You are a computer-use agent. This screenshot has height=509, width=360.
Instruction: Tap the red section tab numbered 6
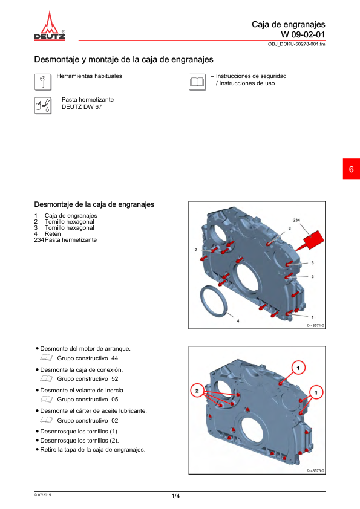click(352, 169)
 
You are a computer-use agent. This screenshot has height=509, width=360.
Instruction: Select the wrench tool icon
click(43, 82)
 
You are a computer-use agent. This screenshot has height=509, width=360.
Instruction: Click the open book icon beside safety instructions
click(197, 82)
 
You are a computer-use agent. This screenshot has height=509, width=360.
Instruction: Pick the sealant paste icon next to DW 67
click(43, 106)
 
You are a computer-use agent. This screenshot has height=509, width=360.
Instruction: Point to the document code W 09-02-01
click(303, 34)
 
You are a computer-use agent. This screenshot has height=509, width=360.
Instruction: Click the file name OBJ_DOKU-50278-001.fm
click(296, 44)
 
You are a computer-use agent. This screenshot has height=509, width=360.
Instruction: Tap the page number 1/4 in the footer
click(175, 496)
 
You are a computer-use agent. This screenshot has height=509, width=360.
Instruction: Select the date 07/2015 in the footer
click(42, 495)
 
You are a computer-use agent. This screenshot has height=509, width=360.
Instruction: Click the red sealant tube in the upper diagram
click(312, 241)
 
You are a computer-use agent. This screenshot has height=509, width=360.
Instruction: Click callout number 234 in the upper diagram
click(296, 220)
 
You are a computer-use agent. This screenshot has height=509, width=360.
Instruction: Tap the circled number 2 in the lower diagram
click(197, 391)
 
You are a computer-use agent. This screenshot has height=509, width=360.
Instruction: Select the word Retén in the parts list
click(53, 234)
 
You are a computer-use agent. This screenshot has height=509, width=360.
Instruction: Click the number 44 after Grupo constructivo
click(114, 358)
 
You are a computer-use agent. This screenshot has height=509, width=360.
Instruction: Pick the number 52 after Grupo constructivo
click(115, 379)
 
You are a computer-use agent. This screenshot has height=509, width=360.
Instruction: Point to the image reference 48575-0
click(315, 471)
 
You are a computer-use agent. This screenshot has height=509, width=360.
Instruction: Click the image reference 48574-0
click(315, 325)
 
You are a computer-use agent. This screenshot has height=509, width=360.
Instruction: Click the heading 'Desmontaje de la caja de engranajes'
click(94, 204)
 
